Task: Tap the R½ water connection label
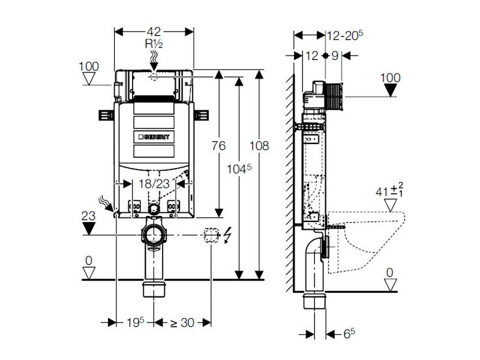[x=154, y=44]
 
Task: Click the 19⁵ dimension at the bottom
[x=136, y=322]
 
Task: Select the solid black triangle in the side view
[x=391, y=90]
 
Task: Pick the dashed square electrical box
[x=211, y=235]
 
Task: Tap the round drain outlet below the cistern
[x=154, y=233]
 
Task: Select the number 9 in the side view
[x=335, y=56]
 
